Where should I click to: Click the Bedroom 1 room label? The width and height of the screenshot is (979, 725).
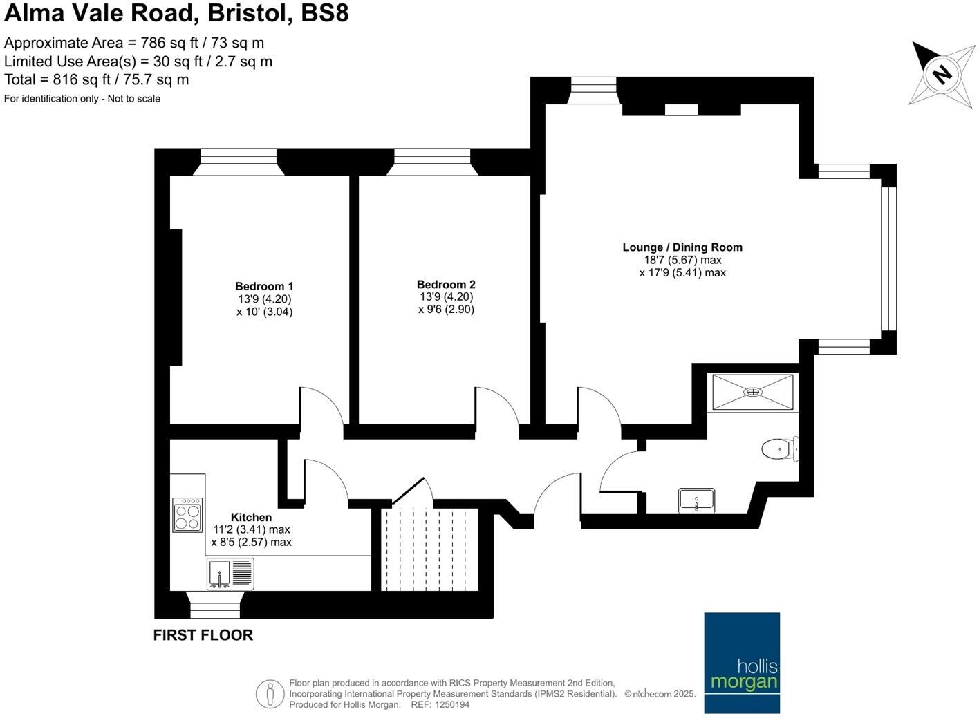coord(264,286)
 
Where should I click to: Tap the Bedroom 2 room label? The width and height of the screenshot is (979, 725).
coord(446,284)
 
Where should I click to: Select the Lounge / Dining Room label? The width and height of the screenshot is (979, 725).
coord(682,247)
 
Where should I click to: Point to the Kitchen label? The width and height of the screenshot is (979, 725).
coord(251,517)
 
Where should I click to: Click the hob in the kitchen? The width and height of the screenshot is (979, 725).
coord(187,514)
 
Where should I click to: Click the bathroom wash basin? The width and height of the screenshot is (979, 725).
coord(696,500)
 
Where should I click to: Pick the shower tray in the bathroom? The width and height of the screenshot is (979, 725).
coord(753,392)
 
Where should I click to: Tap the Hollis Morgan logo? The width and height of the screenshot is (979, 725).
coord(742,662)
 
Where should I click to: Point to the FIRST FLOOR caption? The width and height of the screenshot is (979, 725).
coord(203,635)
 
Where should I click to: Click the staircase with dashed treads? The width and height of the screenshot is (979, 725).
coord(429,549)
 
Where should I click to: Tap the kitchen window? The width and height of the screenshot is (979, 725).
coord(215,605)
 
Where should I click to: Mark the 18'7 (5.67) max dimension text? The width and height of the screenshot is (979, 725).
coord(682,260)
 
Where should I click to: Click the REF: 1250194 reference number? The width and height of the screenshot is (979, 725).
coord(440,705)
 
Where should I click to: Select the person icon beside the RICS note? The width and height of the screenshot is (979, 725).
coord(270,694)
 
